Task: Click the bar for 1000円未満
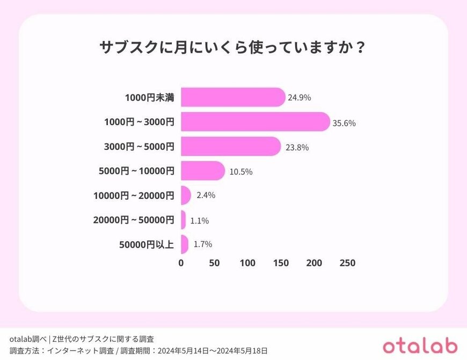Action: tap(233, 97)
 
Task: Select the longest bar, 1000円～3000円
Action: tap(255, 122)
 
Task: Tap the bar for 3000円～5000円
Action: tap(231, 146)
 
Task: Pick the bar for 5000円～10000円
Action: tap(203, 171)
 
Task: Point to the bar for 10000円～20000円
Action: tap(186, 195)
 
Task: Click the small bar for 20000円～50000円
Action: tap(184, 219)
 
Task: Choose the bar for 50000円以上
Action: tap(185, 244)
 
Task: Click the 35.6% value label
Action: tap(344, 123)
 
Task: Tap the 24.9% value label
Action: tap(300, 98)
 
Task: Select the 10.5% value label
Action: tap(241, 172)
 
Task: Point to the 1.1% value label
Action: tap(199, 220)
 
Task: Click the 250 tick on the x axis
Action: tap(347, 263)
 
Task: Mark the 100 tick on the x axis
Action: tap(247, 263)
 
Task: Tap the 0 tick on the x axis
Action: tap(181, 263)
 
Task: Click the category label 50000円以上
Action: tap(146, 244)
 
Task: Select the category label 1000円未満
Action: tap(149, 98)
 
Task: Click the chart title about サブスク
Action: tap(233, 47)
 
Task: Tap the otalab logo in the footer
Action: tap(420, 344)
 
